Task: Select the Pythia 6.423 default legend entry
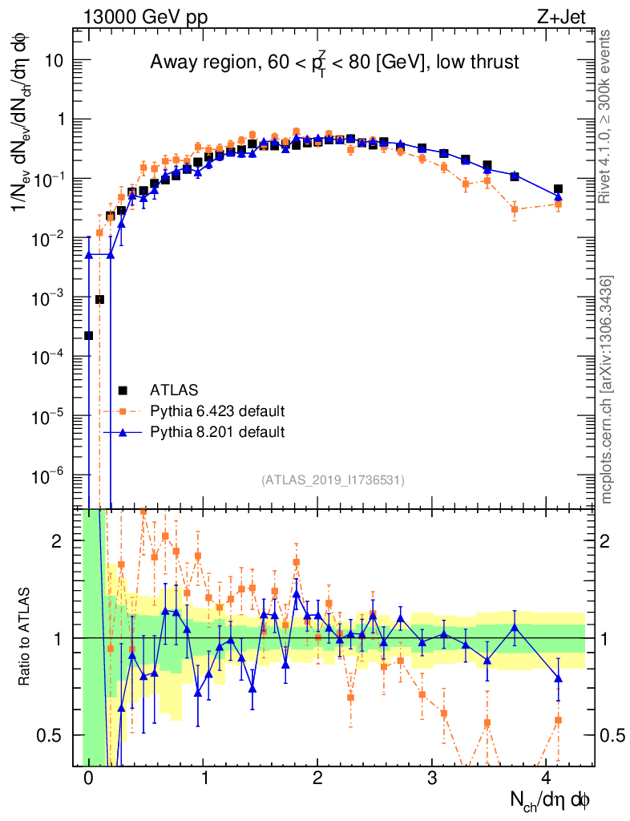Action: pyautogui.click(x=216, y=411)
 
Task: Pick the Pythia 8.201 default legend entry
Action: pyautogui.click(x=216, y=432)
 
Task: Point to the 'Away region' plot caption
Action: pyautogui.click(x=334, y=63)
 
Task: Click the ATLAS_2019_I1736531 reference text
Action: pyautogui.click(x=333, y=480)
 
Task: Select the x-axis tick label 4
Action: pyautogui.click(x=547, y=779)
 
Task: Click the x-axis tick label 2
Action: pyautogui.click(x=317, y=779)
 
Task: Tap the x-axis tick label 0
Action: pyautogui.click(x=88, y=779)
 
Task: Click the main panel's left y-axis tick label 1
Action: pyautogui.click(x=60, y=119)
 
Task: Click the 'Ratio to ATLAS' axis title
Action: pyautogui.click(x=24, y=638)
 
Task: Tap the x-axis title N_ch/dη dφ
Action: pyautogui.click(x=552, y=799)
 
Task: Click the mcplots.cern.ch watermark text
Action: pyautogui.click(x=607, y=390)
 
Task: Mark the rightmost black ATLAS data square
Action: pyautogui.click(x=558, y=189)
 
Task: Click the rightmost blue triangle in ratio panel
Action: pyautogui.click(x=558, y=678)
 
